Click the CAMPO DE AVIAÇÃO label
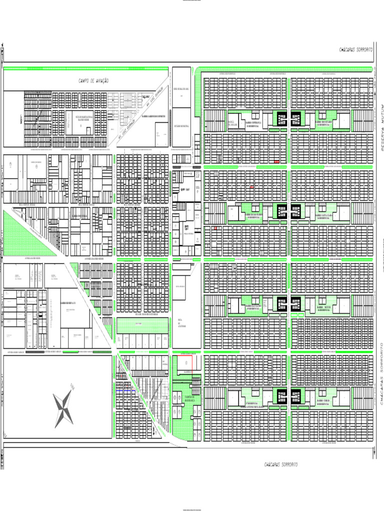[93, 80]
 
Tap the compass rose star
[63, 410]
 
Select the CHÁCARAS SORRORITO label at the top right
[356, 50]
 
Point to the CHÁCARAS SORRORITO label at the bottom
[281, 464]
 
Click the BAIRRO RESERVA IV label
[67, 303]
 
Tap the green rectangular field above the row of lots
[142, 325]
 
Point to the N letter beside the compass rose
[72, 385]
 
